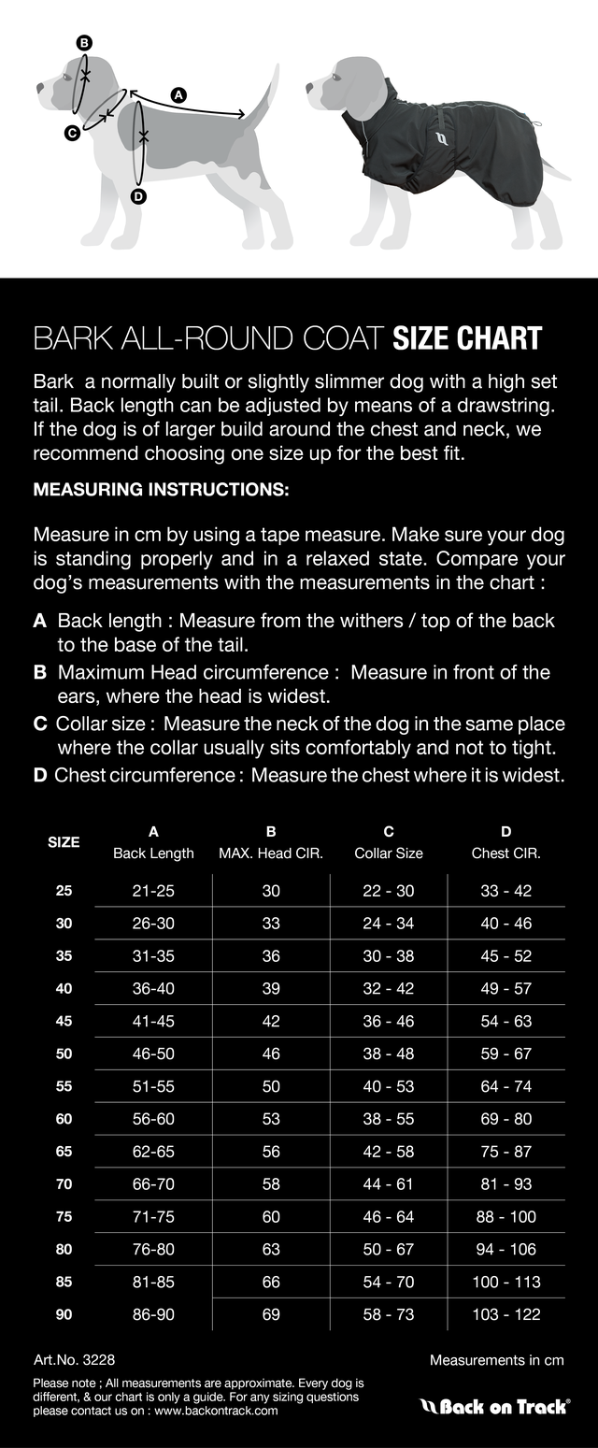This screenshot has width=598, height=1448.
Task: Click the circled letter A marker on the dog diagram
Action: (x=179, y=93)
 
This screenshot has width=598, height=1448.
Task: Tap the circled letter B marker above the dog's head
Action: (x=84, y=43)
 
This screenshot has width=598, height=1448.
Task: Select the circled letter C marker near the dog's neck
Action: (x=72, y=134)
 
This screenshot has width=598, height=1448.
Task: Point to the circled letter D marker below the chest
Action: (x=138, y=196)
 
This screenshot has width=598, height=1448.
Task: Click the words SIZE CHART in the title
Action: (x=467, y=338)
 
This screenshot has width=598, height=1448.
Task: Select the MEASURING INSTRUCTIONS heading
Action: (x=161, y=490)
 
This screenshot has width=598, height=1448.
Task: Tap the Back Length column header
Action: (x=153, y=853)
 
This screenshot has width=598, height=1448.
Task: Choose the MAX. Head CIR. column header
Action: (x=271, y=853)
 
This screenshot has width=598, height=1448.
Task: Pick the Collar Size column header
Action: (x=389, y=853)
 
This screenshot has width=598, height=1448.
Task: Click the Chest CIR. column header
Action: (x=505, y=853)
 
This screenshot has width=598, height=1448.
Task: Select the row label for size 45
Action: (x=64, y=1021)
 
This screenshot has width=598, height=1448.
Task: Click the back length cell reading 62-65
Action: (x=153, y=1152)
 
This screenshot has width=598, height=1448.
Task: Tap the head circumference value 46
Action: (x=271, y=1054)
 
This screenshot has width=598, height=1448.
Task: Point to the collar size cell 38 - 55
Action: (x=389, y=1119)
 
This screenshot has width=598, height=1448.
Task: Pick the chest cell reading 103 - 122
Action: (x=505, y=1314)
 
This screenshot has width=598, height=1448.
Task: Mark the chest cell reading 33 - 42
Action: (x=505, y=891)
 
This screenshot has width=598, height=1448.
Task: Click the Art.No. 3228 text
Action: (x=74, y=1360)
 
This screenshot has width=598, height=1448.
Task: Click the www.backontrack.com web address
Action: (x=217, y=1411)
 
